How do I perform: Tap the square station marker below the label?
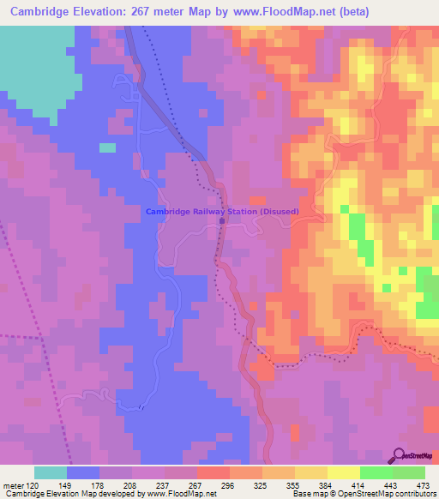(x=222, y=220)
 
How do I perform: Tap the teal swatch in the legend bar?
(x=51, y=472)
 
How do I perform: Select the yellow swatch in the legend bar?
(x=343, y=472)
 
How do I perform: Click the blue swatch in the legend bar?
(x=83, y=472)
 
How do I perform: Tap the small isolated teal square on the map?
(x=107, y=147)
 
